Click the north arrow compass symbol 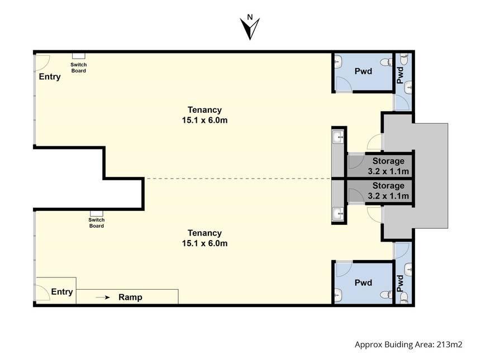tap(250, 27)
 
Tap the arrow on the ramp tap(103, 297)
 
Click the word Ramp tap(130, 297)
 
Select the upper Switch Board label tap(79, 68)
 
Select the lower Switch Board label tap(96, 223)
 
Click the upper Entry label tap(50, 76)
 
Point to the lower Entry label tap(62, 292)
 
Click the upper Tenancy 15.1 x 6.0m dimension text tap(204, 115)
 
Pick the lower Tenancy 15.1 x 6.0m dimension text tap(204, 238)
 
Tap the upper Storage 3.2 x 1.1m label tap(388, 166)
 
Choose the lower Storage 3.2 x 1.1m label tap(388, 190)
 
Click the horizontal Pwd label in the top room tap(363, 71)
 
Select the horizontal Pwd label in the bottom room tap(363, 282)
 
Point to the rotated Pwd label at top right tap(400, 75)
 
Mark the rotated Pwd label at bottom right tap(400, 284)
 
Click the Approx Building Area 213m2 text tap(408, 345)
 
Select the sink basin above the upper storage tap(339, 137)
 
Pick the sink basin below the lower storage tap(339, 213)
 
